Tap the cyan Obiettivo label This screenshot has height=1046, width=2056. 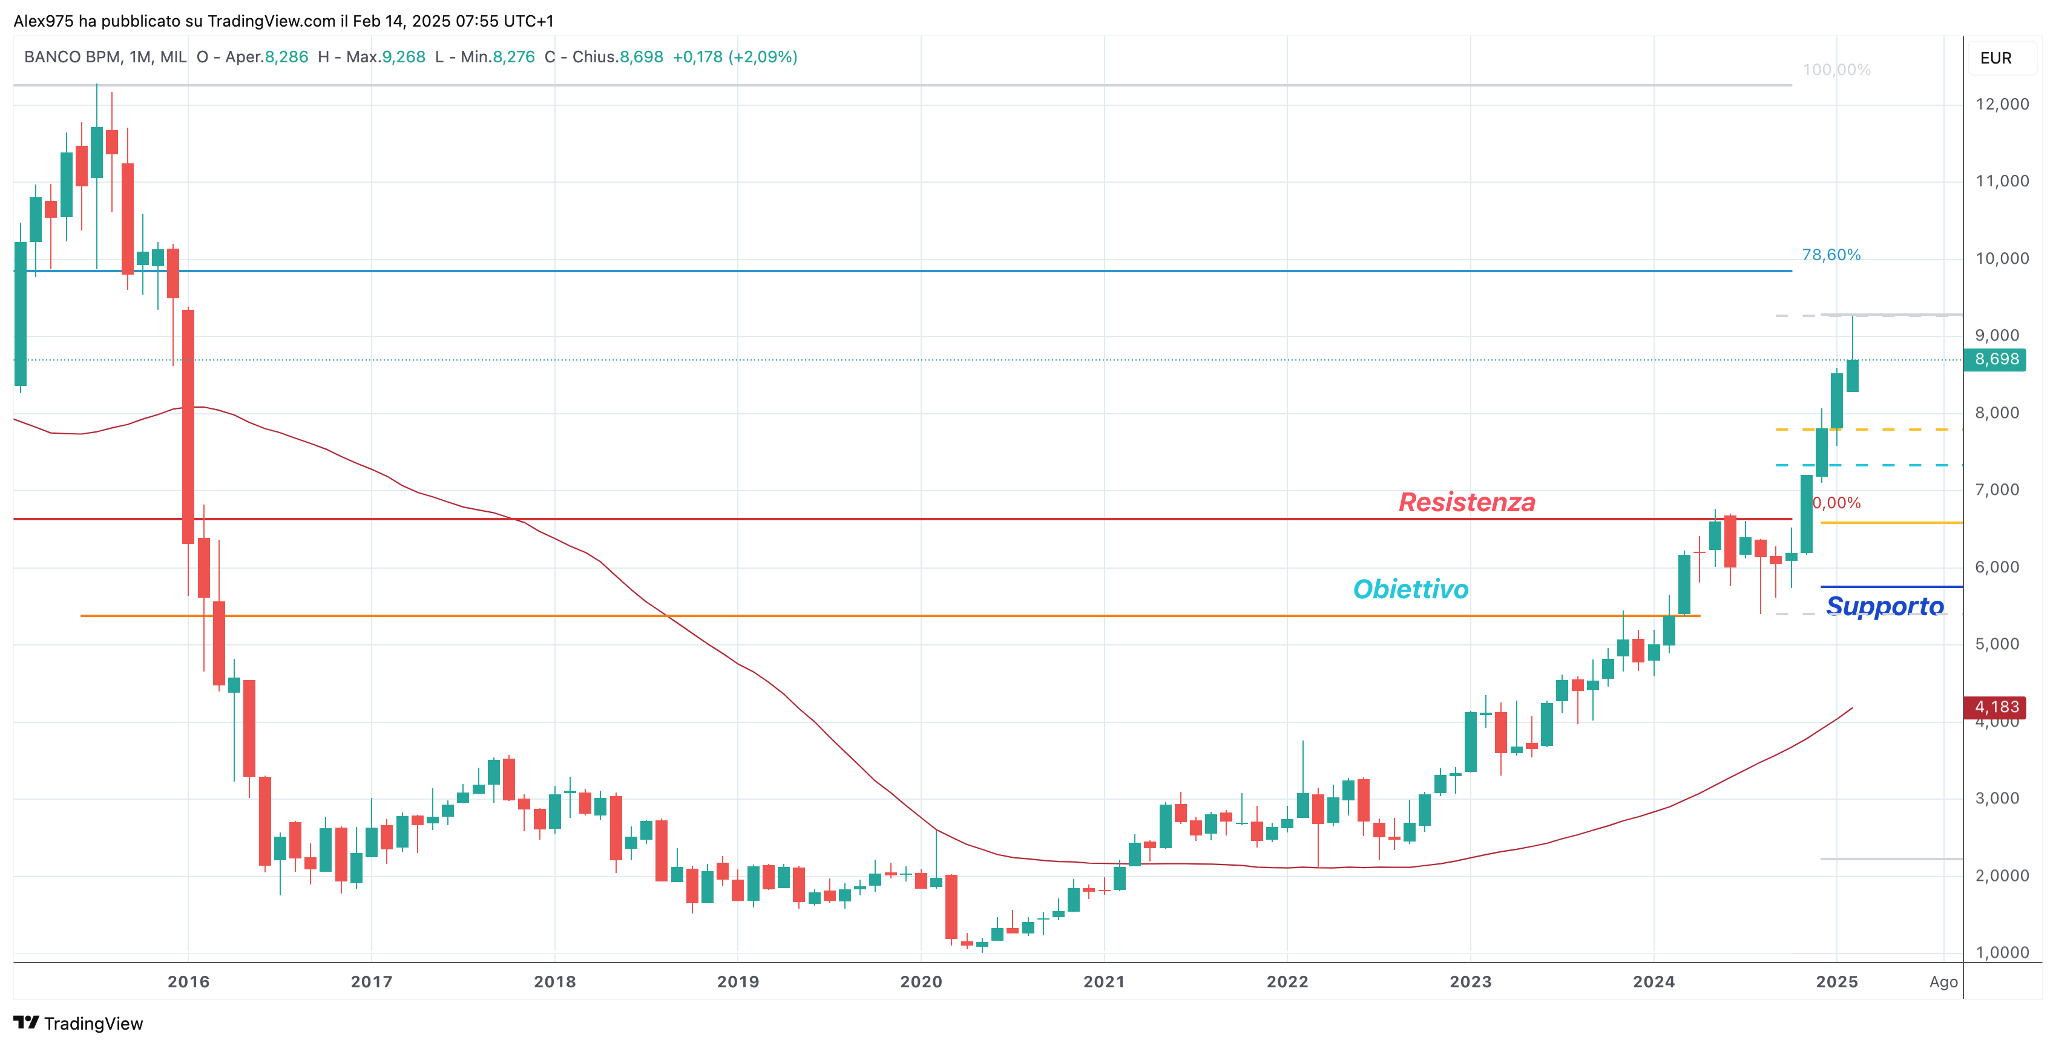1410,590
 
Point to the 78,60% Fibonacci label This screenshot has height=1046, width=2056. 1831,255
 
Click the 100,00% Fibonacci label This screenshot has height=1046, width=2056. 1836,70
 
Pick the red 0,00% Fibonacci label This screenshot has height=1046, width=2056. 1836,503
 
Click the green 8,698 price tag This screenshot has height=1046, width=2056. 1996,360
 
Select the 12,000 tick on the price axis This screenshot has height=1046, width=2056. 2001,105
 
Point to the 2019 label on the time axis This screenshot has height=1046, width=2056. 737,982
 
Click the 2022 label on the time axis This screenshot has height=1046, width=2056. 1287,982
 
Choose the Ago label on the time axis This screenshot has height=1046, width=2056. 1943,982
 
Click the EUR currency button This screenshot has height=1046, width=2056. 1995,58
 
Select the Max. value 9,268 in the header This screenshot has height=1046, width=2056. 403,57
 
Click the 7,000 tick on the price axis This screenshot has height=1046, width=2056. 2001,490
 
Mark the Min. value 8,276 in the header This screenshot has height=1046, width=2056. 513,57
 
